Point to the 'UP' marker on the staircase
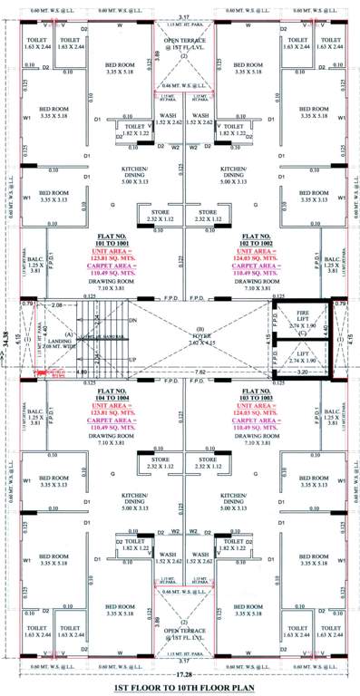[x=133, y=359]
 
